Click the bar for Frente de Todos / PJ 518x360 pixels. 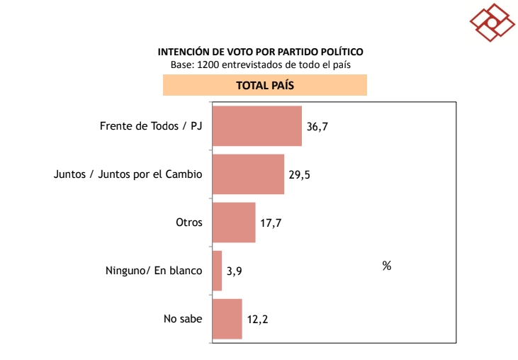(257, 126)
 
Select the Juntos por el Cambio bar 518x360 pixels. (248, 174)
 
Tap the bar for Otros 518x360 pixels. (234, 223)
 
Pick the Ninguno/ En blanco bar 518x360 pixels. (217, 271)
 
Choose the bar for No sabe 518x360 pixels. (227, 319)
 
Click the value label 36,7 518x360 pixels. (318, 127)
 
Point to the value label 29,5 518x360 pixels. (300, 175)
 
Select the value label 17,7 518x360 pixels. (271, 223)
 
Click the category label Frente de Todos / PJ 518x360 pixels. (151, 127)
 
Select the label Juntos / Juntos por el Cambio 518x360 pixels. (128, 174)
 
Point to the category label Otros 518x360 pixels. (189, 223)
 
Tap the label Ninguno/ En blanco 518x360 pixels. (153, 271)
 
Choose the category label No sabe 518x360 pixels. (183, 319)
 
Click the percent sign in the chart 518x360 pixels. (387, 266)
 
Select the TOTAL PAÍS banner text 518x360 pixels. (265, 85)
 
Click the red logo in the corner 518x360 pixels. (492, 21)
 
